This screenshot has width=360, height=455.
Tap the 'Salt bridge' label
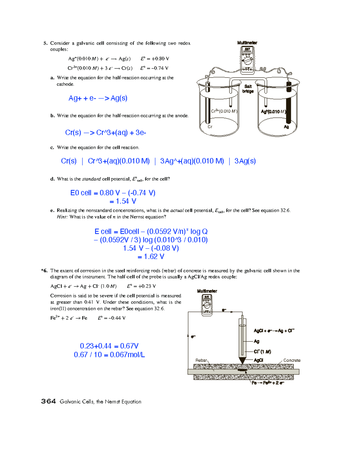[248, 89]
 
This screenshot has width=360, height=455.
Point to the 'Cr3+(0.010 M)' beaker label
[224, 111]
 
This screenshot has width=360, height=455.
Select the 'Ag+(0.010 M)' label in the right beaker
[273, 112]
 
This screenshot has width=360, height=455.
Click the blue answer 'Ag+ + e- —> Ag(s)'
[98, 98]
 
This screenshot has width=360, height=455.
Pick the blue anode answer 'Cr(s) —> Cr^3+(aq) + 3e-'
[106, 133]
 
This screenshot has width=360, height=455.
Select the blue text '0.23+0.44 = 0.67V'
[109, 346]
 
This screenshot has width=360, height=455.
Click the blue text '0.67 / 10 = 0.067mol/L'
[109, 355]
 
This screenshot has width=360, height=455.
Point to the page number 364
[48, 402]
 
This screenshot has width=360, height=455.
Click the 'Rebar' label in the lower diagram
[201, 360]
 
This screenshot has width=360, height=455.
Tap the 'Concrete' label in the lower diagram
[292, 360]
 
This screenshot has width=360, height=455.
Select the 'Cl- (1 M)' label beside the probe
[262, 351]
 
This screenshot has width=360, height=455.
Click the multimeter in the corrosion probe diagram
[207, 304]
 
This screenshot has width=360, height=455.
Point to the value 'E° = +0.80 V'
[155, 59]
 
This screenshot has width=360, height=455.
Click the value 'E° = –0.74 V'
[154, 68]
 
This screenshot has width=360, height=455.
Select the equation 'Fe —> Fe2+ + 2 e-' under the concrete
[268, 383]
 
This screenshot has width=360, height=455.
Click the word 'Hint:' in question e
[62, 217]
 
